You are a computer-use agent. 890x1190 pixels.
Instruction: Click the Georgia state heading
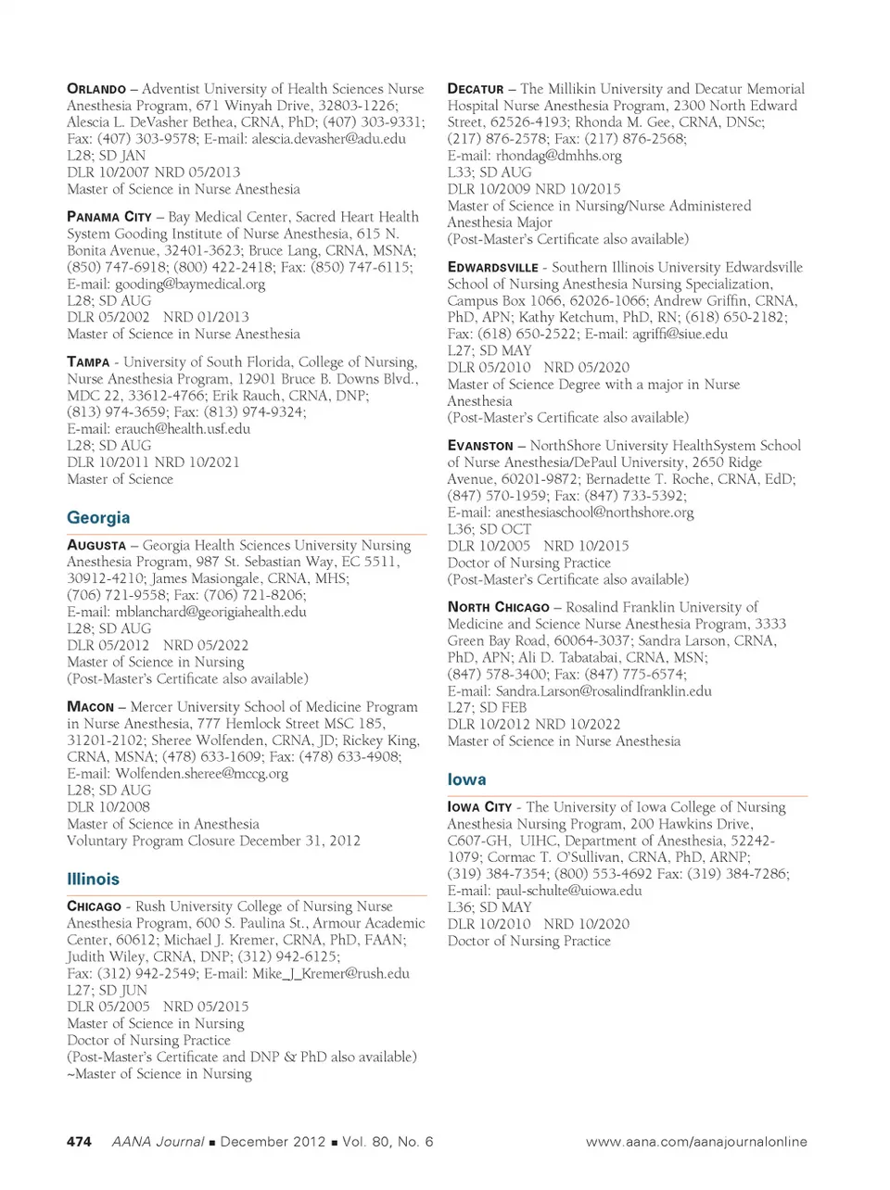click(98, 518)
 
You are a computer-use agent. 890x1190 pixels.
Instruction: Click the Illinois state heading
click(93, 880)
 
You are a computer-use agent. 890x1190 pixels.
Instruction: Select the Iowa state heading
click(466, 779)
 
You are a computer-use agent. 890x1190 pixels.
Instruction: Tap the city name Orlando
click(96, 89)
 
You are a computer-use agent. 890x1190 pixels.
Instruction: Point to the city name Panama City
click(108, 217)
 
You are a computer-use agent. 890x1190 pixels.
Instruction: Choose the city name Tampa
click(88, 362)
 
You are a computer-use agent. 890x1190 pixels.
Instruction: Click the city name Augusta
click(96, 546)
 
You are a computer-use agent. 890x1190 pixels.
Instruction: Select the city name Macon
click(90, 707)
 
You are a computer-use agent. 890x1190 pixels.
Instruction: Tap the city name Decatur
click(476, 89)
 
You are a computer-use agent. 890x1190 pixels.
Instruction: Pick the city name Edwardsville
click(492, 268)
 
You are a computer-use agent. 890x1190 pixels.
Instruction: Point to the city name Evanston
click(480, 446)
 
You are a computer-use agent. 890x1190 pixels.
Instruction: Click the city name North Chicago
click(498, 608)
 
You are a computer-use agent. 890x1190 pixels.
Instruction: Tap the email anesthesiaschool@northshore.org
click(594, 513)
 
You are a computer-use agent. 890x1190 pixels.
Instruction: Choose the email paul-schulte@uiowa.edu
click(568, 891)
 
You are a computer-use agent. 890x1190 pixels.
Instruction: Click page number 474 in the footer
click(79, 1142)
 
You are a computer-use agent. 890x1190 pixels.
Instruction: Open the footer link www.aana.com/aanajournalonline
click(695, 1142)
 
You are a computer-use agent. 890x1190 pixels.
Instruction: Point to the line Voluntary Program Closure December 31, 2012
click(213, 841)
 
